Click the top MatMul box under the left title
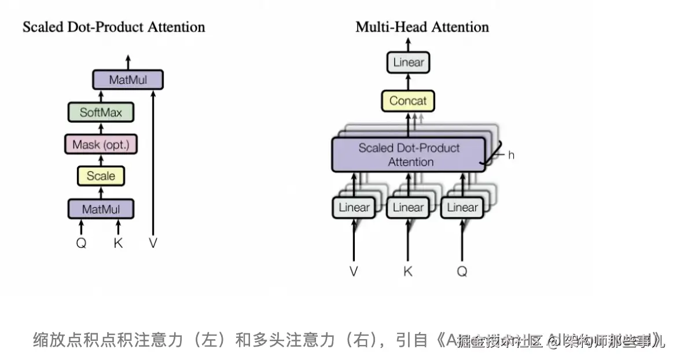(x=128, y=80)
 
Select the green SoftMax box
(x=101, y=112)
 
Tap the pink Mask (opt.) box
(x=101, y=144)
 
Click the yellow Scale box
(x=101, y=176)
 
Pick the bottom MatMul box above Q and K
(x=101, y=208)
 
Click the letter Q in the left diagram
(x=81, y=244)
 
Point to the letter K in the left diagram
(x=118, y=244)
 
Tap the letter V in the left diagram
(x=153, y=244)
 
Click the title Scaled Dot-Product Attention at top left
(x=113, y=27)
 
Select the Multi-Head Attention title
(x=422, y=27)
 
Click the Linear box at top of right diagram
(x=409, y=63)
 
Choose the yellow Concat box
(x=407, y=101)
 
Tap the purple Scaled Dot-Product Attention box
(x=408, y=155)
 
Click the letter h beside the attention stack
(x=511, y=155)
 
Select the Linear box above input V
(x=354, y=208)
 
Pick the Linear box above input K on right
(x=408, y=208)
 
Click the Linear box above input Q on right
(x=462, y=208)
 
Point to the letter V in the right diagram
(x=354, y=271)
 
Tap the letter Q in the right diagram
(x=462, y=271)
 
